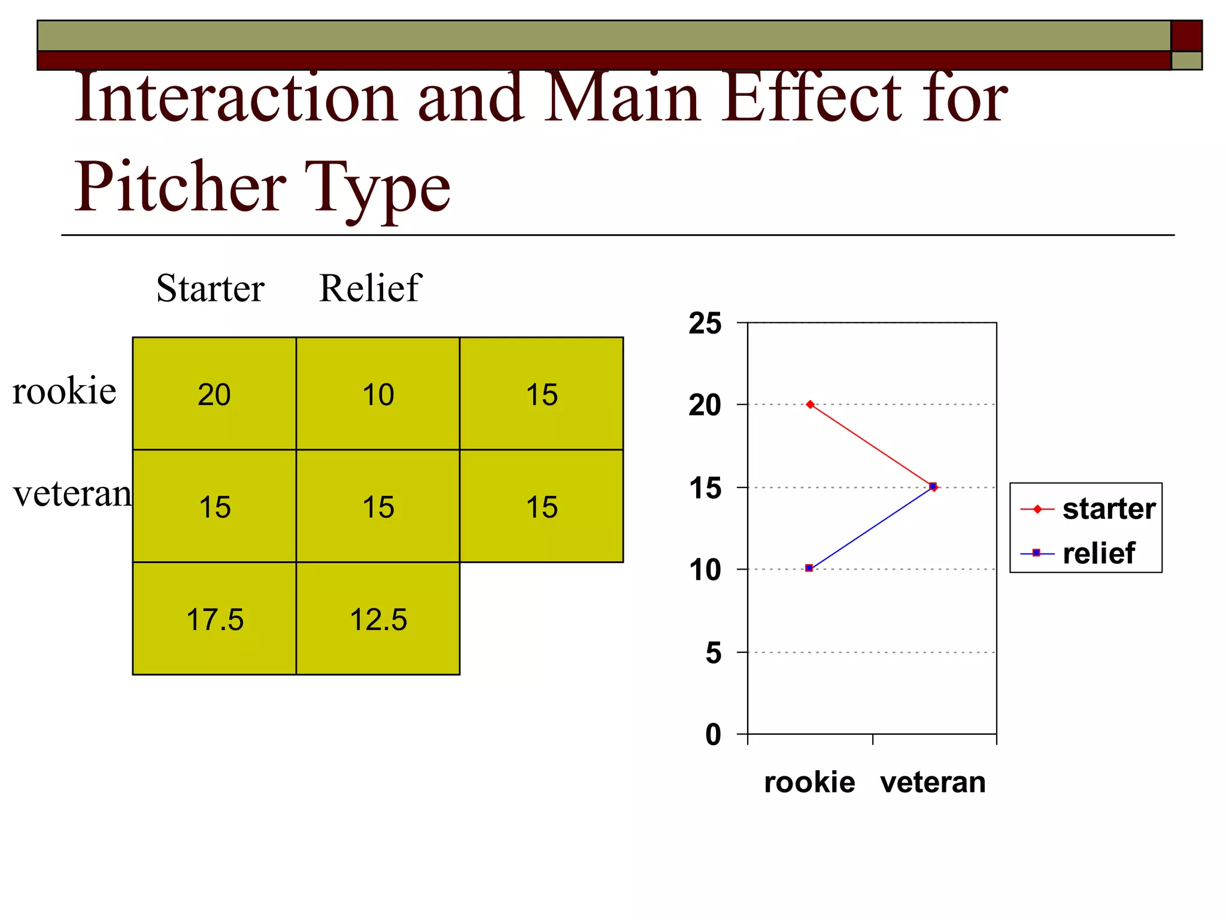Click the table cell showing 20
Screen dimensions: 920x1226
[x=214, y=395]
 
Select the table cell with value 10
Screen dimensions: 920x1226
[x=378, y=395]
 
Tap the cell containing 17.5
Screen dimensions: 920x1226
[x=214, y=619]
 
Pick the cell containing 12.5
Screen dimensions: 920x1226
[x=378, y=619]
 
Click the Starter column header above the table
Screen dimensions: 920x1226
[x=210, y=288]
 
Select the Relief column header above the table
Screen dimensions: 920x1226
[x=370, y=288]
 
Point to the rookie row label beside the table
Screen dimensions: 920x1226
[x=64, y=391]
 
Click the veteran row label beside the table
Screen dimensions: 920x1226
[x=72, y=494]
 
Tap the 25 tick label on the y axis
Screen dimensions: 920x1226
[x=705, y=323]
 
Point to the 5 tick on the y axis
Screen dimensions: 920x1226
[x=714, y=653]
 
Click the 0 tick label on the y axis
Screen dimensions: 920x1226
[x=714, y=734]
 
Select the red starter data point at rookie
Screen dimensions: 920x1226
[x=810, y=405]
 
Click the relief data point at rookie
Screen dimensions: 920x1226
[x=809, y=568]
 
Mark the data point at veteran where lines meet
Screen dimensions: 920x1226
[x=933, y=486]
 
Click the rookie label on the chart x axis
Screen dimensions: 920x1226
[x=809, y=782]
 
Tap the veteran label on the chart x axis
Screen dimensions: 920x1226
[x=933, y=782]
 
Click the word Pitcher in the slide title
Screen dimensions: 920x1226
[x=180, y=187]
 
